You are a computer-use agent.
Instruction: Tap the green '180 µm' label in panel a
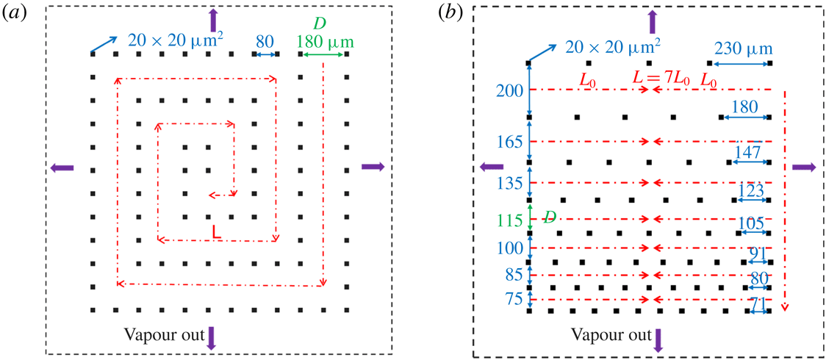[x=323, y=41]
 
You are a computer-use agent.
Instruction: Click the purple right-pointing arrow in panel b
[x=804, y=168]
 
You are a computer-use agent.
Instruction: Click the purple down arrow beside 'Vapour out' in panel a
[x=212, y=337]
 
